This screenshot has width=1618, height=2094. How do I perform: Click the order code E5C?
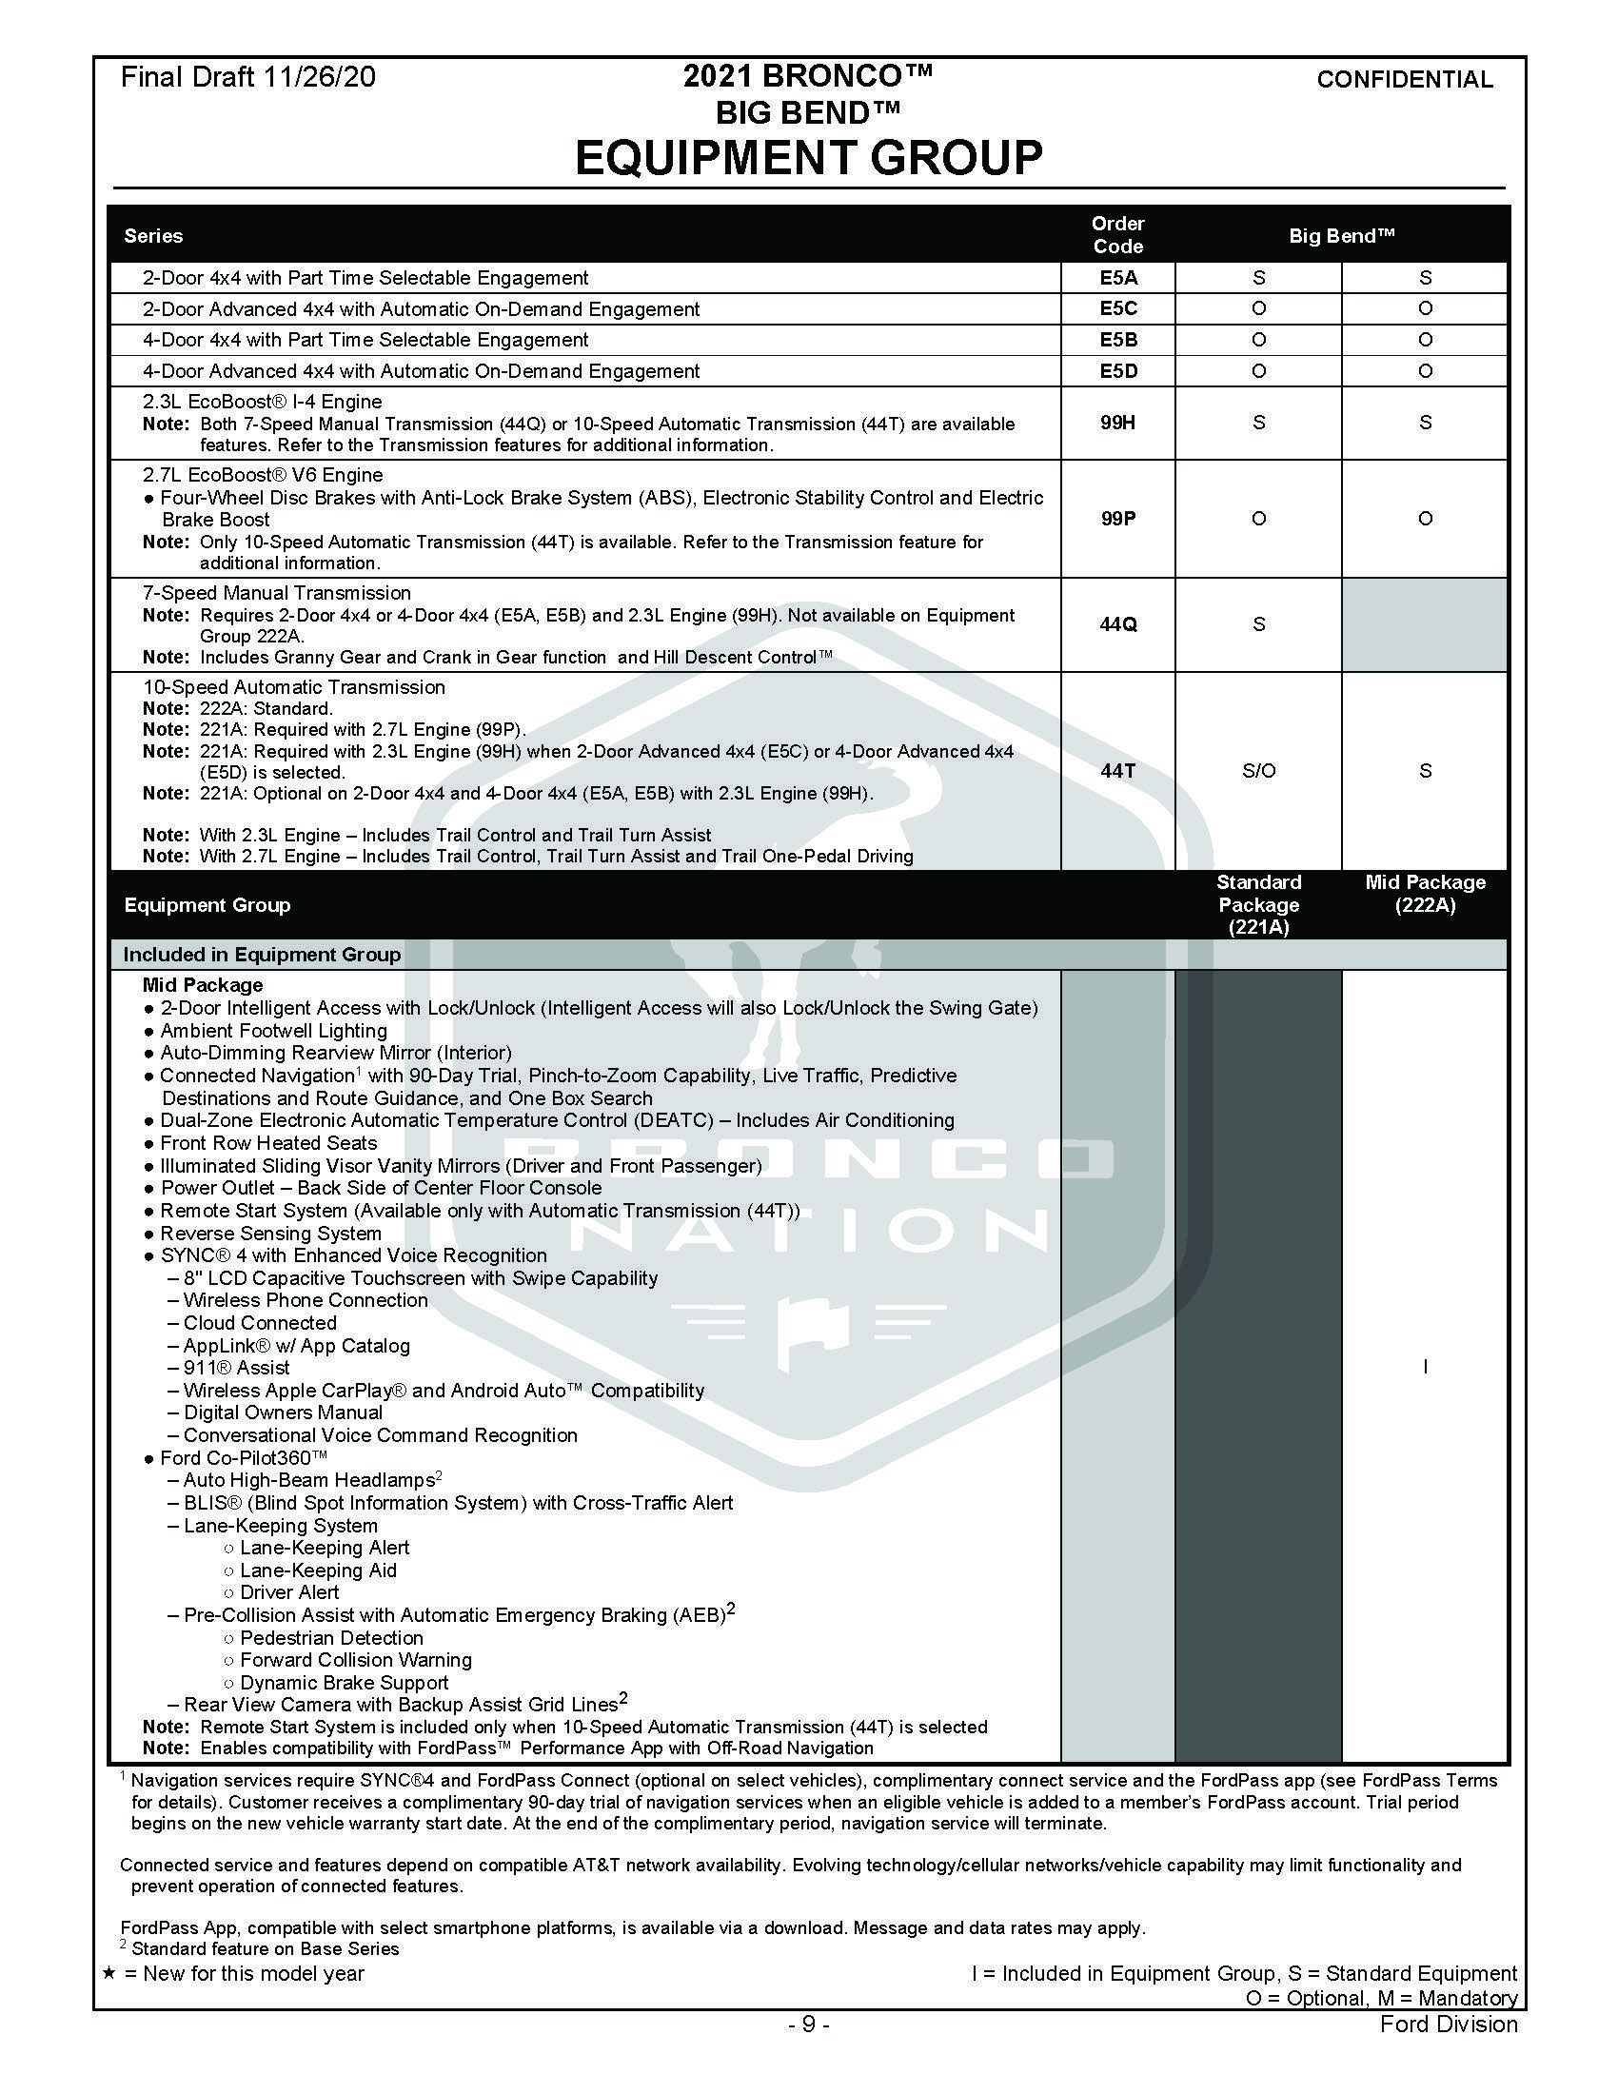point(1117,308)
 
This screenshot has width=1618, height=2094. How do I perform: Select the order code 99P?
point(1117,519)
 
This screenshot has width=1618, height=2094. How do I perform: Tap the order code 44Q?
point(1117,624)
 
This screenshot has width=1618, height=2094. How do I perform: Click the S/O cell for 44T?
point(1257,771)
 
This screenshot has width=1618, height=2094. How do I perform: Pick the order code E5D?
point(1117,371)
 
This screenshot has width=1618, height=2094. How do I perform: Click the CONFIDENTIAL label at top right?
point(1404,80)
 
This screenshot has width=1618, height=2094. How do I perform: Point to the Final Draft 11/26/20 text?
point(248,78)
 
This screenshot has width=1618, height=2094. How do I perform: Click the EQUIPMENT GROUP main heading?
point(808,158)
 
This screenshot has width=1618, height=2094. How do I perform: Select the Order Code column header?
point(1117,235)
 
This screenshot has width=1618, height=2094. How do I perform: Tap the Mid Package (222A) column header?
point(1425,894)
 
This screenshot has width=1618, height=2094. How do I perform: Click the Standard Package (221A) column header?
point(1257,904)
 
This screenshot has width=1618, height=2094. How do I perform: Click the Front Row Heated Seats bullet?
point(268,1143)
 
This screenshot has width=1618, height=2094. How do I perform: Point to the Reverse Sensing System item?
point(270,1233)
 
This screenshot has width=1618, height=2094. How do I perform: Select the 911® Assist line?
point(236,1367)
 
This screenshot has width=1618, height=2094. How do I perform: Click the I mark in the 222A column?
point(1425,1367)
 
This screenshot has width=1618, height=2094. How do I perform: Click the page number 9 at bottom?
point(808,2024)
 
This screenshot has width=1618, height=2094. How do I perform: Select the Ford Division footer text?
point(1449,2024)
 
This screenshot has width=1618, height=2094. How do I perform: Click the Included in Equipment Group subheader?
point(262,955)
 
